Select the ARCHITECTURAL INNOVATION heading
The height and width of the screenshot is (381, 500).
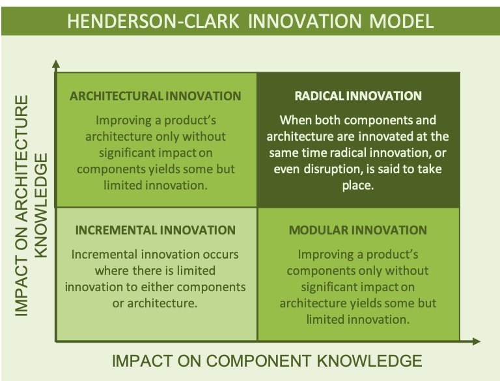[156, 96]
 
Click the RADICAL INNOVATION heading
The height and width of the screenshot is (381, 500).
[358, 96]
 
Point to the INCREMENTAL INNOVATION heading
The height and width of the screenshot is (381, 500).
[156, 230]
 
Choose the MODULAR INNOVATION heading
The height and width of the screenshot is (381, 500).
[358, 230]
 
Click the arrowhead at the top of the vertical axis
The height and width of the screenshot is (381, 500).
[56, 64]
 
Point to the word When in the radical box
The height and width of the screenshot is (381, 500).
[294, 120]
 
